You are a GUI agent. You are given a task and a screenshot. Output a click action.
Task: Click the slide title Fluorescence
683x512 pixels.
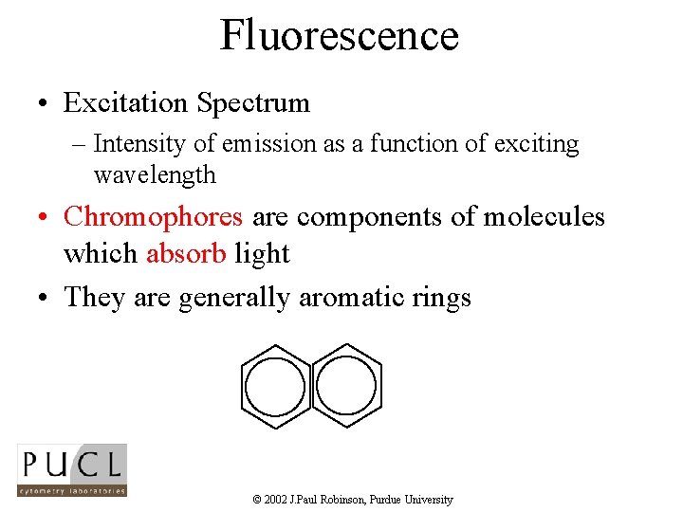point(340,35)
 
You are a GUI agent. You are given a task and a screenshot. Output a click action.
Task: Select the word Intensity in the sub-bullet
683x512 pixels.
point(137,144)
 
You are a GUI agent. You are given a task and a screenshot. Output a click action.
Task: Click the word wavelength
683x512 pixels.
point(155,175)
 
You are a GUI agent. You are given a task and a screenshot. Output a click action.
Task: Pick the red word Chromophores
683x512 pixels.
point(153,217)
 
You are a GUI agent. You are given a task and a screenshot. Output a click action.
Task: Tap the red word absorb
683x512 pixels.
point(186,254)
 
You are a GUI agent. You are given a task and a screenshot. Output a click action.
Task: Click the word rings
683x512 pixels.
point(441,298)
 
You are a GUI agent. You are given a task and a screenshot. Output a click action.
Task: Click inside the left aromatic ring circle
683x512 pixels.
point(275,388)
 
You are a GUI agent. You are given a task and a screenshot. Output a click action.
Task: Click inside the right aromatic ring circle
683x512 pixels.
point(346,388)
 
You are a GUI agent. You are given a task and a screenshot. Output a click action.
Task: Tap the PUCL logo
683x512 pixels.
point(72,469)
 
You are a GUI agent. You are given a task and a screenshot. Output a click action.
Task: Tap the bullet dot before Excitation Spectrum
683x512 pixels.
point(45,103)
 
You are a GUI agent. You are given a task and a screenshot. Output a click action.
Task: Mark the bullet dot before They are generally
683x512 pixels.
point(45,299)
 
